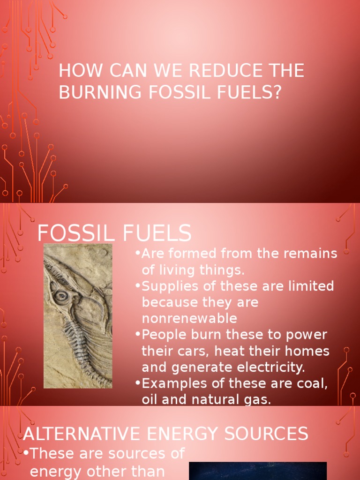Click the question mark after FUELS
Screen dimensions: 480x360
[x=277, y=92]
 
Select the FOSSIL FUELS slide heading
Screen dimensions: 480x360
[x=114, y=233]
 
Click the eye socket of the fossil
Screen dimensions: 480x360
[x=60, y=296]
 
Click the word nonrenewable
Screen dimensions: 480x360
[x=189, y=318]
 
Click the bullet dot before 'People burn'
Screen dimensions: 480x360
[x=138, y=334]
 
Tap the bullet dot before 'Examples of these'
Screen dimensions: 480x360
[x=138, y=383]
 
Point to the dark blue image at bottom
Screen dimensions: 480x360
[x=257, y=471]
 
